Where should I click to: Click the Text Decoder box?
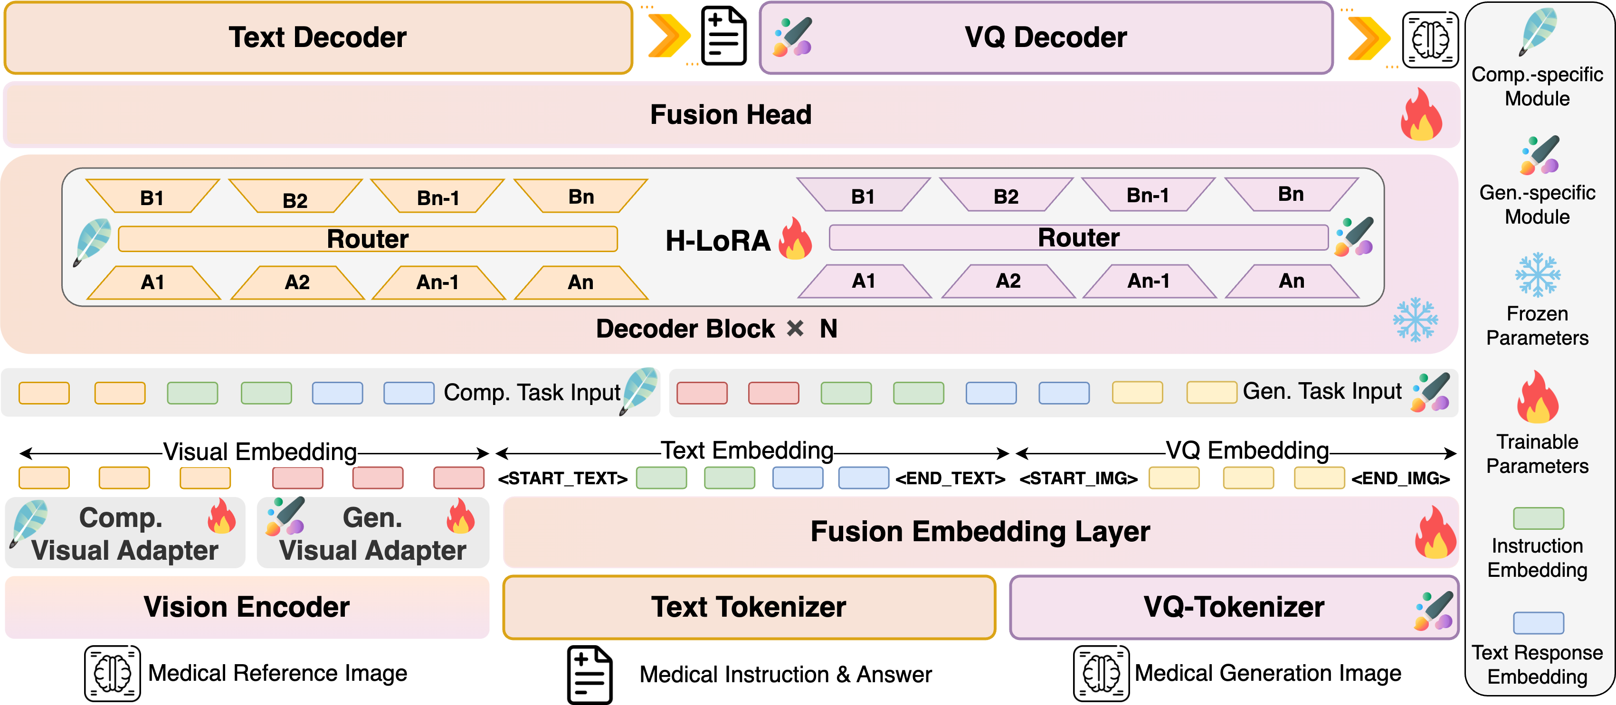pyautogui.click(x=317, y=38)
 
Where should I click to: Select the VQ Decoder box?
pyautogui.click(x=1045, y=38)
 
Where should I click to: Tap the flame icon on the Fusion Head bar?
pyautogui.click(x=1421, y=115)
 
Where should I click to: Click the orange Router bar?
pyautogui.click(x=368, y=239)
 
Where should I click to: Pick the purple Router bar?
pyautogui.click(x=1078, y=238)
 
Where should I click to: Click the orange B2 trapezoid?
pyautogui.click(x=295, y=197)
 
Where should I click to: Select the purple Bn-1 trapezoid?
pyautogui.click(x=1148, y=195)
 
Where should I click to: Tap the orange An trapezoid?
pyautogui.click(x=581, y=283)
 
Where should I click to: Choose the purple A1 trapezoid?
pyautogui.click(x=864, y=281)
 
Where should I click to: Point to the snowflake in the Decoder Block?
pyautogui.click(x=1415, y=320)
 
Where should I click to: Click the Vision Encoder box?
pyautogui.click(x=247, y=607)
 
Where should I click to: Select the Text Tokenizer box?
pyautogui.click(x=749, y=607)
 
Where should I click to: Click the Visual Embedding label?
pyautogui.click(x=260, y=451)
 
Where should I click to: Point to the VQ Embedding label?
pyautogui.click(x=1246, y=451)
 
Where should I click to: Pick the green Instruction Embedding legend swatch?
pyautogui.click(x=1538, y=518)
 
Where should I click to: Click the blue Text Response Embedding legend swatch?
pyautogui.click(x=1538, y=623)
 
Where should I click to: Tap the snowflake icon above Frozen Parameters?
pyautogui.click(x=1538, y=275)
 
